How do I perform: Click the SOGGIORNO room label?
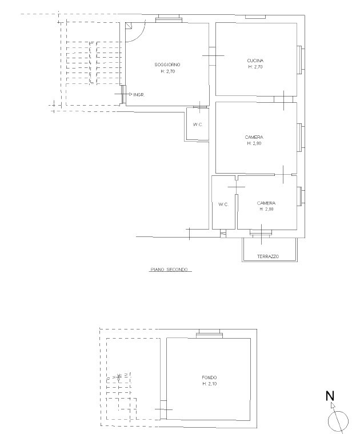tap(167, 65)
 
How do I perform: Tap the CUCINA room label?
tap(255, 61)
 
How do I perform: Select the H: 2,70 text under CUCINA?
tap(255, 67)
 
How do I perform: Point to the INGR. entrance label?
tap(139, 95)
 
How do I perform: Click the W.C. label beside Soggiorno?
tap(198, 124)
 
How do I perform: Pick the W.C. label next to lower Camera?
tap(223, 204)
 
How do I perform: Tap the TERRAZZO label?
tap(268, 256)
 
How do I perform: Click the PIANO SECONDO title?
tap(169, 270)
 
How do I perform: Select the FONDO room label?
tap(209, 377)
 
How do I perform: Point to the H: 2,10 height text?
tap(209, 384)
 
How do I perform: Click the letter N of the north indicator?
tap(330, 396)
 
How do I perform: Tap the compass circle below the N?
tap(338, 421)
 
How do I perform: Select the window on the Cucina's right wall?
tap(301, 60)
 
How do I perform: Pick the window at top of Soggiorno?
tap(169, 20)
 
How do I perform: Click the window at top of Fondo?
tap(209, 335)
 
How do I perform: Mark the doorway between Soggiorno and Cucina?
tap(213, 56)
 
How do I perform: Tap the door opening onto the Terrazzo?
tap(261, 233)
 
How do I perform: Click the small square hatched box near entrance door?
tap(129, 26)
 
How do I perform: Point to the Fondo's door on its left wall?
tap(163, 409)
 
